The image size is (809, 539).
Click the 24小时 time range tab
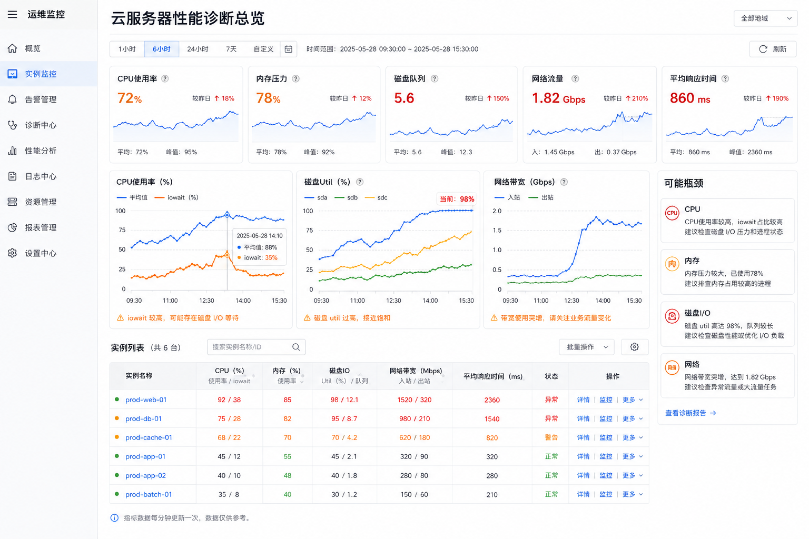pos(198,49)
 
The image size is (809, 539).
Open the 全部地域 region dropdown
pos(765,18)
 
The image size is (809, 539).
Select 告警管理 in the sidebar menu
pos(41,99)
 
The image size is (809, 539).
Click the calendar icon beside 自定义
pos(288,49)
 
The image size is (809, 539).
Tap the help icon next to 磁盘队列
pos(435,79)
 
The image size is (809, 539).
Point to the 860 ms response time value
pos(690,98)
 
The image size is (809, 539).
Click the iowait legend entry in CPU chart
pos(176,197)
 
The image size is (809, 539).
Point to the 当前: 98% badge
pos(457,199)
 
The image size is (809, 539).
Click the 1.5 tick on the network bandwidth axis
pos(497,231)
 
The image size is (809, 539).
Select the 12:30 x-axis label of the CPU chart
pos(206,301)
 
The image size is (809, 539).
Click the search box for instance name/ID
pos(256,347)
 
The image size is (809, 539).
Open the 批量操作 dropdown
pos(586,347)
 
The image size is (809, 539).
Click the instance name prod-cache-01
pos(149,437)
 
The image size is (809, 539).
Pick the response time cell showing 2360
pos(492,400)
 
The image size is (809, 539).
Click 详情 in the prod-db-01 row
pos(583,419)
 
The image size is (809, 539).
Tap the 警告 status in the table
pos(551,437)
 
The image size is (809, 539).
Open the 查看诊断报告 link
pos(690,413)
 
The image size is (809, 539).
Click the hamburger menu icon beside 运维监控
pos(12,14)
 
